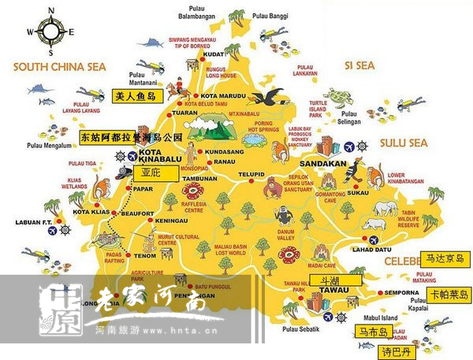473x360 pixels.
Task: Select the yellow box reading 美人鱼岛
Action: click(134, 97)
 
